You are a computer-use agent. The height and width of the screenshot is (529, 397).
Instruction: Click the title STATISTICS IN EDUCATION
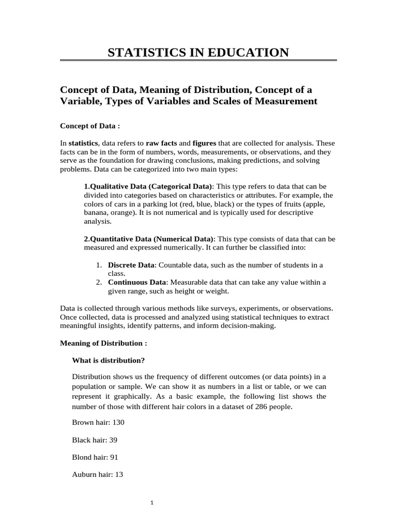click(198, 52)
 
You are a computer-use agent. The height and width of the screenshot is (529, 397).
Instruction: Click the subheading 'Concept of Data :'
click(90, 126)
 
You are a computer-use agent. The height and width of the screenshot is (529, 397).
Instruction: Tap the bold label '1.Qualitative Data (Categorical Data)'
click(148, 186)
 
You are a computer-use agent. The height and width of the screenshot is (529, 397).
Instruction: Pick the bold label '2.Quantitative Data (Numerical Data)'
click(148, 239)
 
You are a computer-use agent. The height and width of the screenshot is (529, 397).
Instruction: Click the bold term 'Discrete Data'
click(131, 265)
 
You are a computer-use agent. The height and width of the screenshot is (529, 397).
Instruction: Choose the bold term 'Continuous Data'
click(137, 283)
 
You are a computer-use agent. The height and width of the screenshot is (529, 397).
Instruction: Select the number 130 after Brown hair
click(118, 422)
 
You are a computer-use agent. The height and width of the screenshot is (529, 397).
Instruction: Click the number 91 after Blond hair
click(116, 457)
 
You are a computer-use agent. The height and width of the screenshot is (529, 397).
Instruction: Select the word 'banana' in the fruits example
click(97, 212)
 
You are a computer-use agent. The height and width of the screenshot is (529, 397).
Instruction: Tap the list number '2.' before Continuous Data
click(99, 283)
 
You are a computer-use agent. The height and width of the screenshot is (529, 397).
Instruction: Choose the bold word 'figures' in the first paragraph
click(204, 143)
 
